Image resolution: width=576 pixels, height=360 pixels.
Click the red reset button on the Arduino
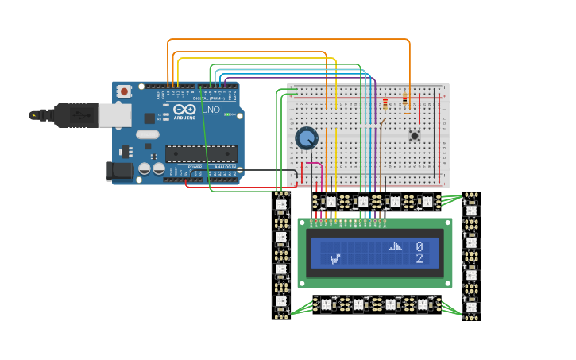point(124,92)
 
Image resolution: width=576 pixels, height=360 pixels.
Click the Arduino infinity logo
point(184,110)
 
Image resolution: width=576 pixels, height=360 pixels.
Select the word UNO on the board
point(212,109)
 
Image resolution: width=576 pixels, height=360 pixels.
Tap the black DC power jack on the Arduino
point(120,170)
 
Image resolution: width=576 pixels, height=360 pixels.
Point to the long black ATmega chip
point(200,153)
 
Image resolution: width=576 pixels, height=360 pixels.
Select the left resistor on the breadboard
point(386,103)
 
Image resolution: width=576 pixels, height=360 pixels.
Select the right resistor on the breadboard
point(405,100)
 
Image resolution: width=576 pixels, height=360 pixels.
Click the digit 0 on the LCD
point(419,247)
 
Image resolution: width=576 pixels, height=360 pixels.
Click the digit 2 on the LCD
point(419,259)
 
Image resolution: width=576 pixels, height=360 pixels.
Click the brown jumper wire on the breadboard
point(381,147)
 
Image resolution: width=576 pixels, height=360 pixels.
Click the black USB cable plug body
point(75,115)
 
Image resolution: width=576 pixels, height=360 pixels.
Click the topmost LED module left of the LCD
point(280,205)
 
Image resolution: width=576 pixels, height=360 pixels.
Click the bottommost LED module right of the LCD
point(471,307)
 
